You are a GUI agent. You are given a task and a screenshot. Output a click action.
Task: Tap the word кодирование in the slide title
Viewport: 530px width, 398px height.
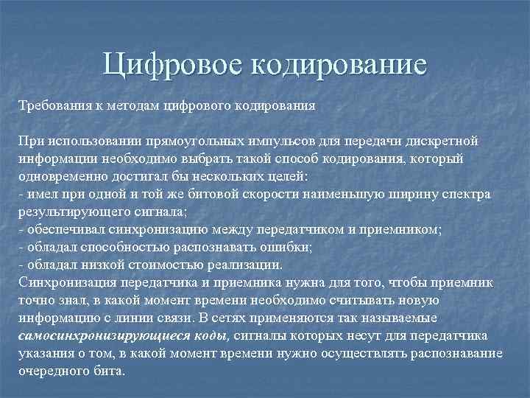339,64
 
